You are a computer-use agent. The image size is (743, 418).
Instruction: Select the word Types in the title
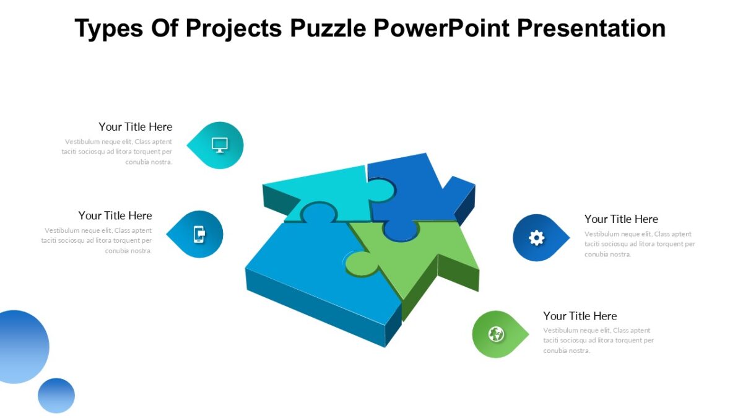110,28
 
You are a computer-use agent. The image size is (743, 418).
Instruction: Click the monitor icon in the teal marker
220,145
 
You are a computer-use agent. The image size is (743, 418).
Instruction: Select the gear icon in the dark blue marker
536,238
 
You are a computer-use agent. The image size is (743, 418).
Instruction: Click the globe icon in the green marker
495,334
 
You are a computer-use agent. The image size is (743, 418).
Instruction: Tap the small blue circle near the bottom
56,395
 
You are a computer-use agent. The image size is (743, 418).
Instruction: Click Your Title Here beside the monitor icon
135,127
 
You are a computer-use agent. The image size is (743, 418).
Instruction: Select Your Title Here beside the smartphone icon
115,216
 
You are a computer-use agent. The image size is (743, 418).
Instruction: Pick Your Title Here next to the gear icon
621,219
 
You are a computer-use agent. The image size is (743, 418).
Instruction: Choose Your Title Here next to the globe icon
580,316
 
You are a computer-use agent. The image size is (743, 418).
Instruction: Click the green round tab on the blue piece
361,263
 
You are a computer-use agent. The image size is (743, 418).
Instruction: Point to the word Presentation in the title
591,28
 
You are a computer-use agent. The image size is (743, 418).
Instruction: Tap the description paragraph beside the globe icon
598,341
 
